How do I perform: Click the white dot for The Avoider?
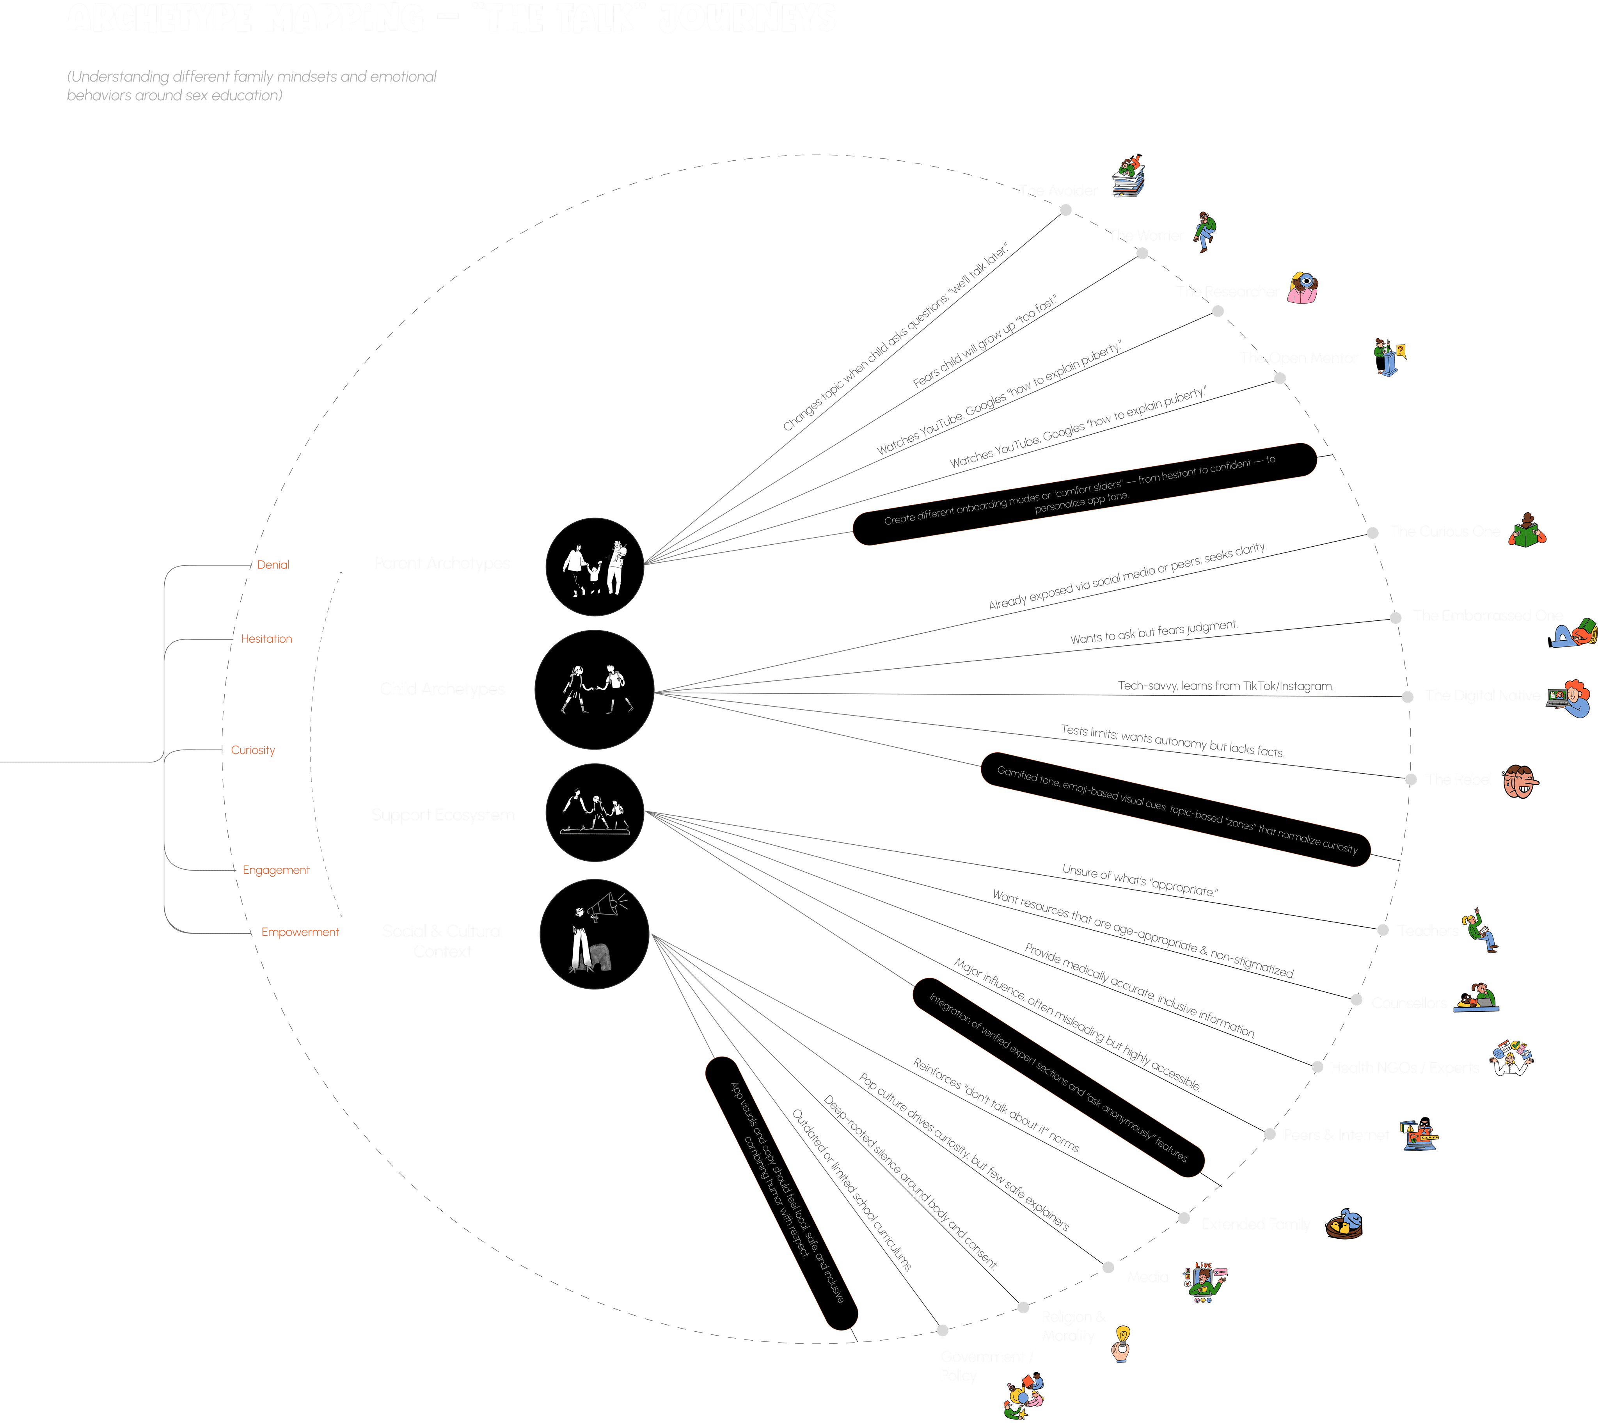point(1065,210)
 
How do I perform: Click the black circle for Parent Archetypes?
point(594,567)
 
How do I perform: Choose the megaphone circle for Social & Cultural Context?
point(594,934)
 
